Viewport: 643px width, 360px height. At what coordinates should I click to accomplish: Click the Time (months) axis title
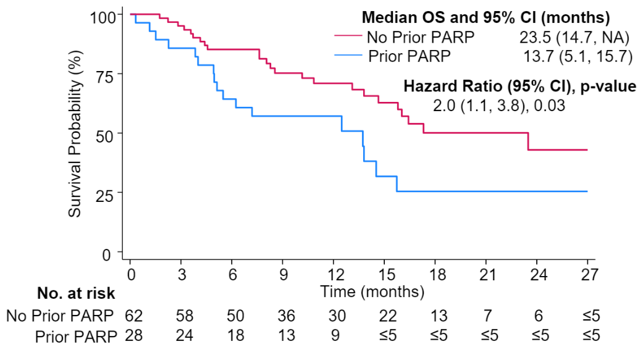(x=372, y=291)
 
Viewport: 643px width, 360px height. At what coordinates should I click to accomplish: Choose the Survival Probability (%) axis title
(x=75, y=133)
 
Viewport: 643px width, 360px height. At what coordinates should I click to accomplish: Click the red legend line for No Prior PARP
(x=347, y=37)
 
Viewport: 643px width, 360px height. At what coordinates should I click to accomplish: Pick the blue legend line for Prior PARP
(x=347, y=57)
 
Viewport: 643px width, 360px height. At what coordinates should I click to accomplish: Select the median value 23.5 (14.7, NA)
(x=574, y=37)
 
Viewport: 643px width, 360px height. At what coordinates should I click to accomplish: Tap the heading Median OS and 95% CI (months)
(x=486, y=17)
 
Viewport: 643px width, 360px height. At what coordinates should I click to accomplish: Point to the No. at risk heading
(x=76, y=292)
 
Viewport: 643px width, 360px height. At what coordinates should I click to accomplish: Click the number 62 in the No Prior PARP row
(x=133, y=316)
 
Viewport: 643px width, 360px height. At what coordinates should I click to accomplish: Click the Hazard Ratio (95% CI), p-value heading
(x=519, y=86)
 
